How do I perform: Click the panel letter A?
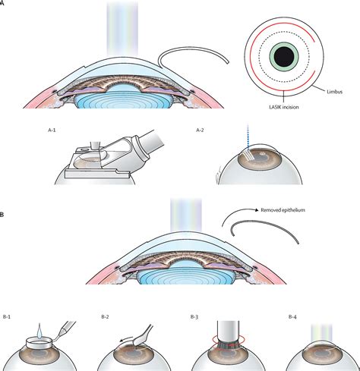coord(2,3)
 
